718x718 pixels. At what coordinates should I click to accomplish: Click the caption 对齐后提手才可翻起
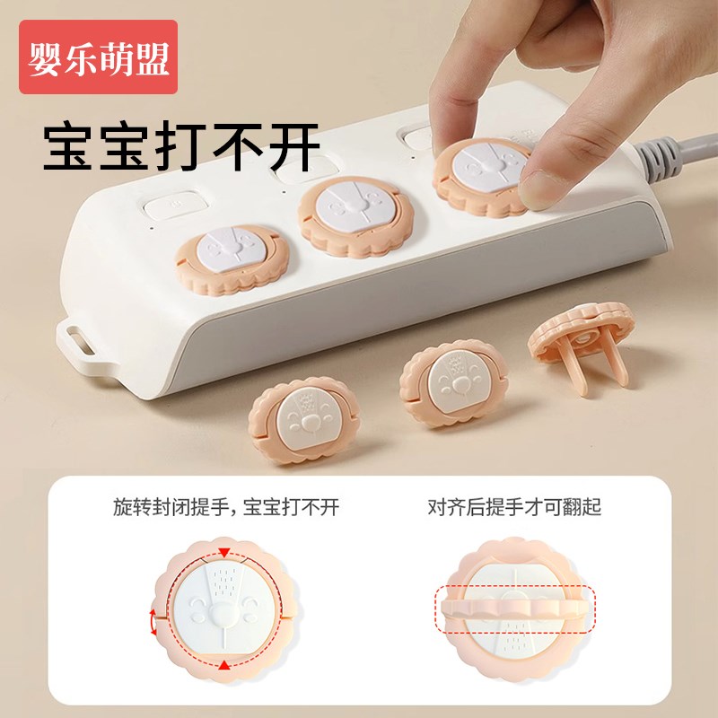(514, 508)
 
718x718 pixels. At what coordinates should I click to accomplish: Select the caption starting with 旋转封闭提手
(226, 508)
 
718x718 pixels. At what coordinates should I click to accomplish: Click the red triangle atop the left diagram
(224, 551)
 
